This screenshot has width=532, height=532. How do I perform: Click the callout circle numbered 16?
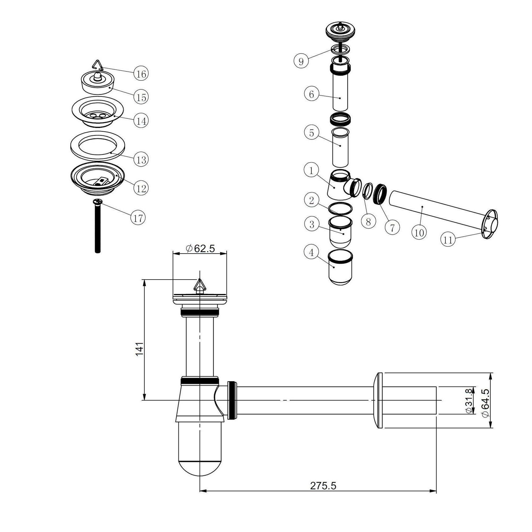141,74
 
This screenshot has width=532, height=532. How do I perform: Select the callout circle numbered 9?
301,61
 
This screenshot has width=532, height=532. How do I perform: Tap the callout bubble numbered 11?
448,240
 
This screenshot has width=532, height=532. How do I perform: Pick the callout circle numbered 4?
311,252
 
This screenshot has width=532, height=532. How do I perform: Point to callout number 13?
141,159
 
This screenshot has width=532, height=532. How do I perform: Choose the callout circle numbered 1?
311,171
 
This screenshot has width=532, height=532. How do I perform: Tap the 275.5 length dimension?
323,494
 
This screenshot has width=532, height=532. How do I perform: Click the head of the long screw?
98,202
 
